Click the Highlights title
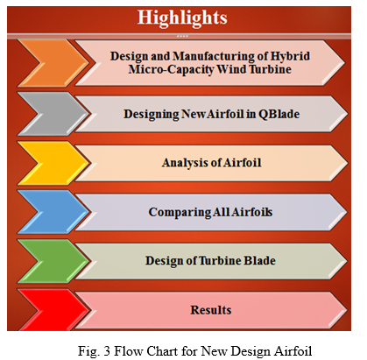click(182, 18)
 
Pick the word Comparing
click(179, 213)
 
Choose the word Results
click(211, 310)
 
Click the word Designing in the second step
click(152, 114)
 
